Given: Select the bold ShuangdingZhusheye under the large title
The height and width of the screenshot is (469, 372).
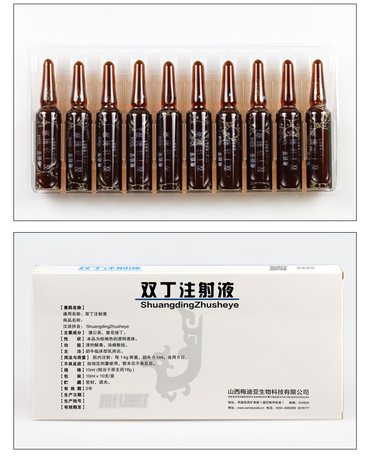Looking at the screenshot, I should pyautogui.click(x=189, y=305).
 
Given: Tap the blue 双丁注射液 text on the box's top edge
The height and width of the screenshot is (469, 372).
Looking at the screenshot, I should pyautogui.click(x=110, y=269).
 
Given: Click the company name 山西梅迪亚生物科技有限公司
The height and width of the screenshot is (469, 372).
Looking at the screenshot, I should pyautogui.click(x=268, y=392).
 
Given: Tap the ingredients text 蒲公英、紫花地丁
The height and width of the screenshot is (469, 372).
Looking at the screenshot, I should pyautogui.click(x=108, y=333).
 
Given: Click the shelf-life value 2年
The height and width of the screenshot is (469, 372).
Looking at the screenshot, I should pyautogui.click(x=89, y=388).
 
